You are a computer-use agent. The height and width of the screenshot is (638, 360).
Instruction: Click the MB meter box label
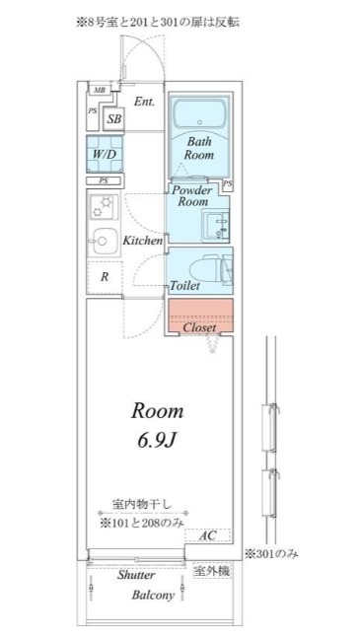[99, 90]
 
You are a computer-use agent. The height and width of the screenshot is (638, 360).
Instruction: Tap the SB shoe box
[113, 118]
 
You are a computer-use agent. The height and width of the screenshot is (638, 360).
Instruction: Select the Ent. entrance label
[144, 102]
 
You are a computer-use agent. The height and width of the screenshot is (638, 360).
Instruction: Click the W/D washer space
[105, 155]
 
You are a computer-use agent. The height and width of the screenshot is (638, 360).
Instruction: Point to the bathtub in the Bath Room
[199, 115]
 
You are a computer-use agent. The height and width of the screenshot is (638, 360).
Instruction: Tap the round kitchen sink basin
[103, 241]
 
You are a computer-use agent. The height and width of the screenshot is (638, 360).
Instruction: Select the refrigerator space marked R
[105, 277]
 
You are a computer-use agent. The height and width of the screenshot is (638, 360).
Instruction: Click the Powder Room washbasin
[217, 225]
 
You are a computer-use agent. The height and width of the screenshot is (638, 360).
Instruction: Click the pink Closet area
[199, 317]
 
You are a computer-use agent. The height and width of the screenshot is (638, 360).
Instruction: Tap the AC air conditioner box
[207, 535]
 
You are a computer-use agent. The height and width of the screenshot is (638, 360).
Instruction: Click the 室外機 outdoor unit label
[211, 571]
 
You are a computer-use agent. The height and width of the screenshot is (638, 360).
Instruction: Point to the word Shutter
[136, 575]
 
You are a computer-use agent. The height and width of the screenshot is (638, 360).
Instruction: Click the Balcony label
[153, 596]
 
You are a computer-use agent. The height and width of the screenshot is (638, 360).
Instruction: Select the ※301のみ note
[271, 553]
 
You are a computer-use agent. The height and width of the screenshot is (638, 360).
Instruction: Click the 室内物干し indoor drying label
[142, 505]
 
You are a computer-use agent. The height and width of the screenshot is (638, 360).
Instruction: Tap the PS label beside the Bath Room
[228, 184]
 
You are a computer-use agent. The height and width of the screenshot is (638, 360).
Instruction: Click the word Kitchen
[142, 241]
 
